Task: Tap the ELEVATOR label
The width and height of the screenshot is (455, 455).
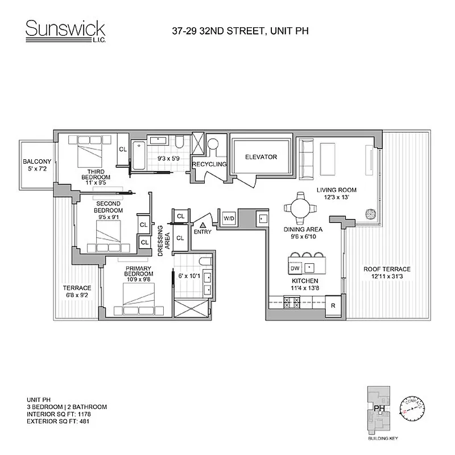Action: point(261,157)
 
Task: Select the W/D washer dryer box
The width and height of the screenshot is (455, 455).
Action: point(229,218)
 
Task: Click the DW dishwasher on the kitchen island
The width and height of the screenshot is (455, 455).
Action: point(295,267)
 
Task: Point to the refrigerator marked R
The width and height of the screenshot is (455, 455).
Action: point(333,305)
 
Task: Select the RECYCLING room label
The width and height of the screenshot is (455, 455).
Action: point(209,164)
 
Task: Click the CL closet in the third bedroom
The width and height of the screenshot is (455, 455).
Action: point(122,150)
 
